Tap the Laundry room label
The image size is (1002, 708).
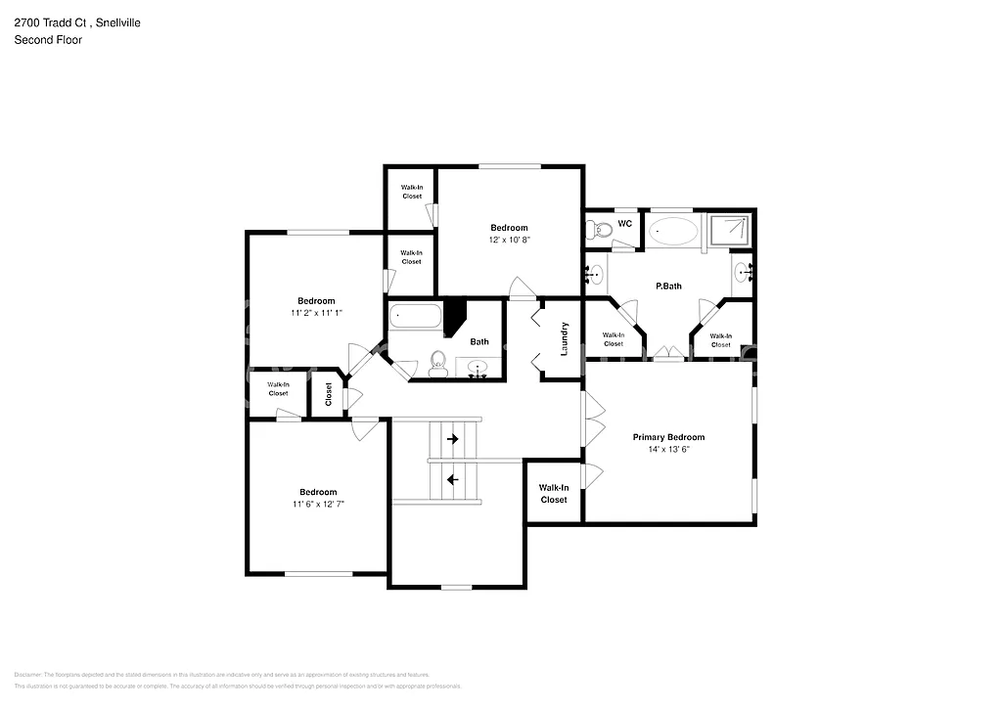565,337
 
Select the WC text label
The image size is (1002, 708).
625,224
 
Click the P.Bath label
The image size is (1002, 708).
668,287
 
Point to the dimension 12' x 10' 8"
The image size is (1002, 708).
509,240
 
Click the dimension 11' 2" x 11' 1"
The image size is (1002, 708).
316,313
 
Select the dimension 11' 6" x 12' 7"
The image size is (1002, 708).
318,504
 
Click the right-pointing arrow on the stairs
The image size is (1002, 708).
452,440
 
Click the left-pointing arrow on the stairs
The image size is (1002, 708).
452,479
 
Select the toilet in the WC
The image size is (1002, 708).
599,230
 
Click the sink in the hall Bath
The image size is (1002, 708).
478,369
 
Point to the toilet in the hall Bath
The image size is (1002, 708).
437,365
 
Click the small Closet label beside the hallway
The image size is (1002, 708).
329,394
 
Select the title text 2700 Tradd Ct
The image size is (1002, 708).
49,22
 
